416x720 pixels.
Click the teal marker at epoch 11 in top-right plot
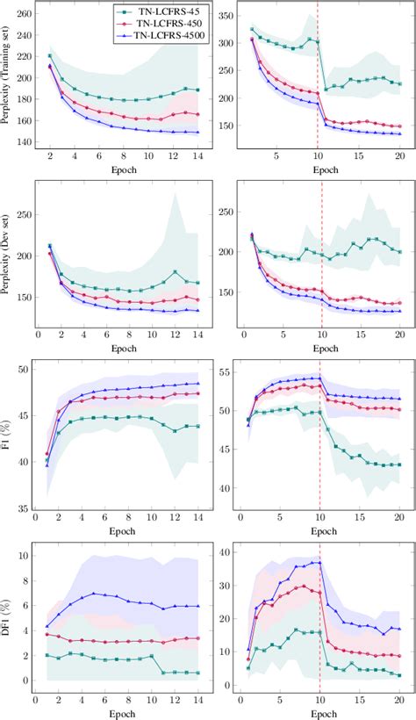click(x=326, y=90)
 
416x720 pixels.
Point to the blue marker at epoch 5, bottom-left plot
click(x=94, y=594)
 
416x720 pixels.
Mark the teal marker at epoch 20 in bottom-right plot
click(x=400, y=675)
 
